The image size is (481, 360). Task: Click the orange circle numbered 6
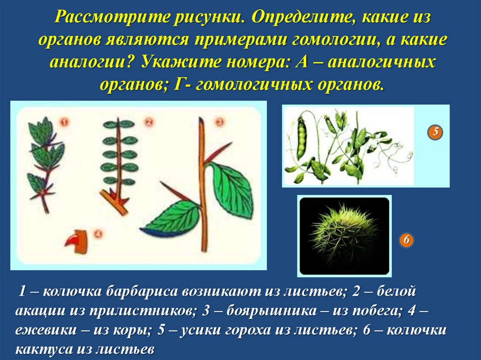pyautogui.click(x=407, y=241)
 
